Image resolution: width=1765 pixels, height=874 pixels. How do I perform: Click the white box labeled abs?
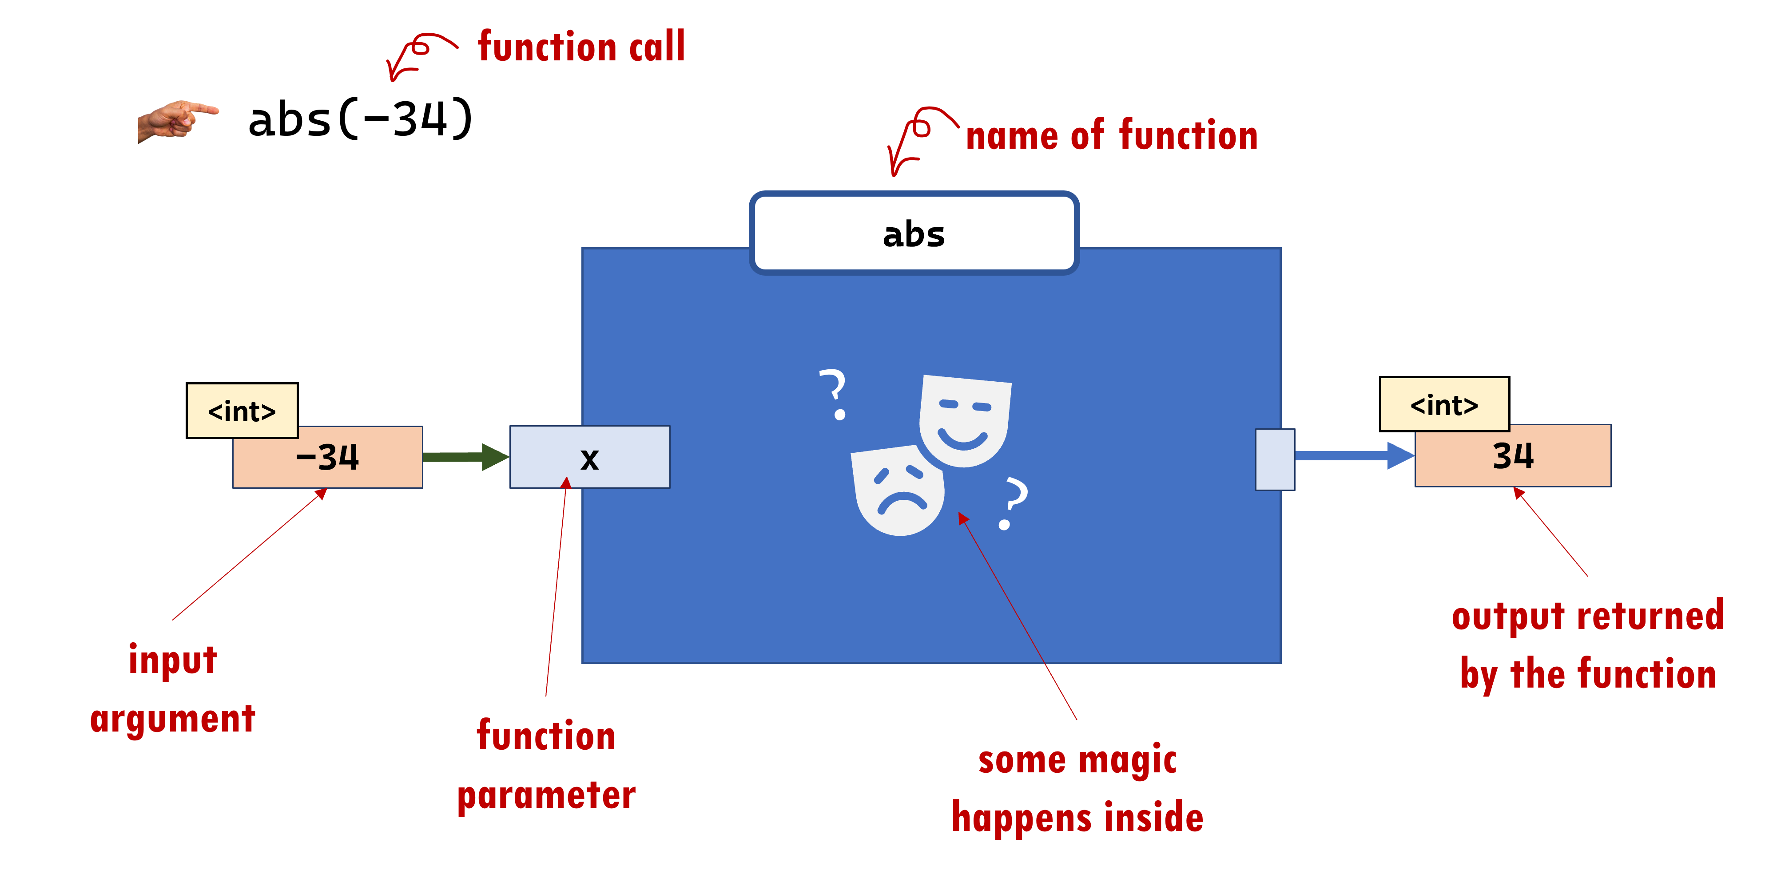point(914,233)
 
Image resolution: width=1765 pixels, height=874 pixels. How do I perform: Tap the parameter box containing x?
point(589,457)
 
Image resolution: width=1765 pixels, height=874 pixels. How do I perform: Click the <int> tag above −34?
point(242,411)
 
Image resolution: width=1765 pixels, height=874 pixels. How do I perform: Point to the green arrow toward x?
point(465,457)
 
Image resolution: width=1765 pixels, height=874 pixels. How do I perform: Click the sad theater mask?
point(898,490)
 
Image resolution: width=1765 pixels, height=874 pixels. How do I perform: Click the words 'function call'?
point(581,47)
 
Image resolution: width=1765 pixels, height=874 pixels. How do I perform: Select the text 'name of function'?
point(1111,135)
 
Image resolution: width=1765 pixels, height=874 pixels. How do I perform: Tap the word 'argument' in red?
point(173,719)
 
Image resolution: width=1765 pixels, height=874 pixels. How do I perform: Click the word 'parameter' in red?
point(546,796)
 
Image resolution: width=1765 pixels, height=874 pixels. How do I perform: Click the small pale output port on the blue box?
point(1274,459)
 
